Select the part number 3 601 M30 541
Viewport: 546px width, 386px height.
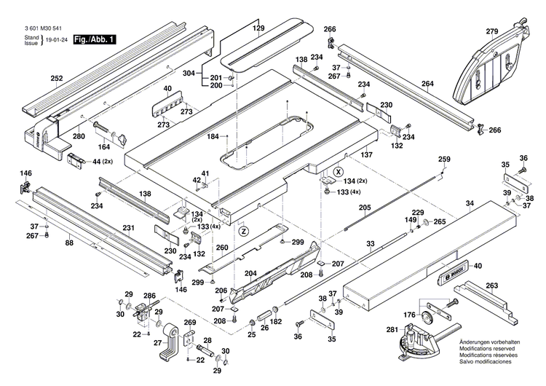[45, 29]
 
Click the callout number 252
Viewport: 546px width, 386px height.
[57, 78]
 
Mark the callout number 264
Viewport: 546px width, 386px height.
[427, 84]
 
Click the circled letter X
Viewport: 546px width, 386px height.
[337, 170]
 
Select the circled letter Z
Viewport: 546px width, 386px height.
[244, 231]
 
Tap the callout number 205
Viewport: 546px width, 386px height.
[364, 208]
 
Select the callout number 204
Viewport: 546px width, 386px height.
[251, 275]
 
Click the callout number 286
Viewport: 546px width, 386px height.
[149, 296]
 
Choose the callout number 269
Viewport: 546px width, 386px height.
[189, 322]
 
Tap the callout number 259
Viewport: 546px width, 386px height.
[444, 159]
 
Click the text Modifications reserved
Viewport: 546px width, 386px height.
[488, 349]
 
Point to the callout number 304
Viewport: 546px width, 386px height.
[189, 74]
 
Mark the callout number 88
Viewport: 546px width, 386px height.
[70, 244]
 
